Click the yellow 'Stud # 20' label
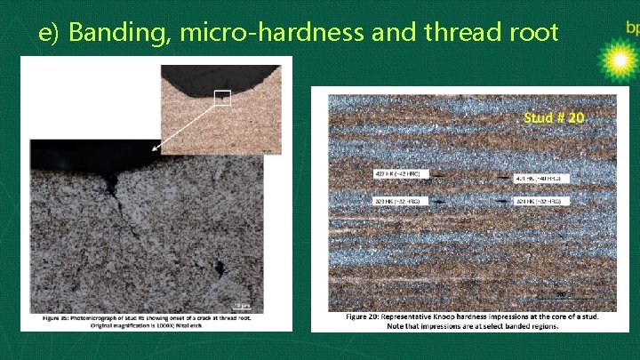(x=554, y=117)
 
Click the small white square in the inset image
(x=222, y=98)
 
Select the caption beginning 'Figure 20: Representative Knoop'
(x=471, y=320)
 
